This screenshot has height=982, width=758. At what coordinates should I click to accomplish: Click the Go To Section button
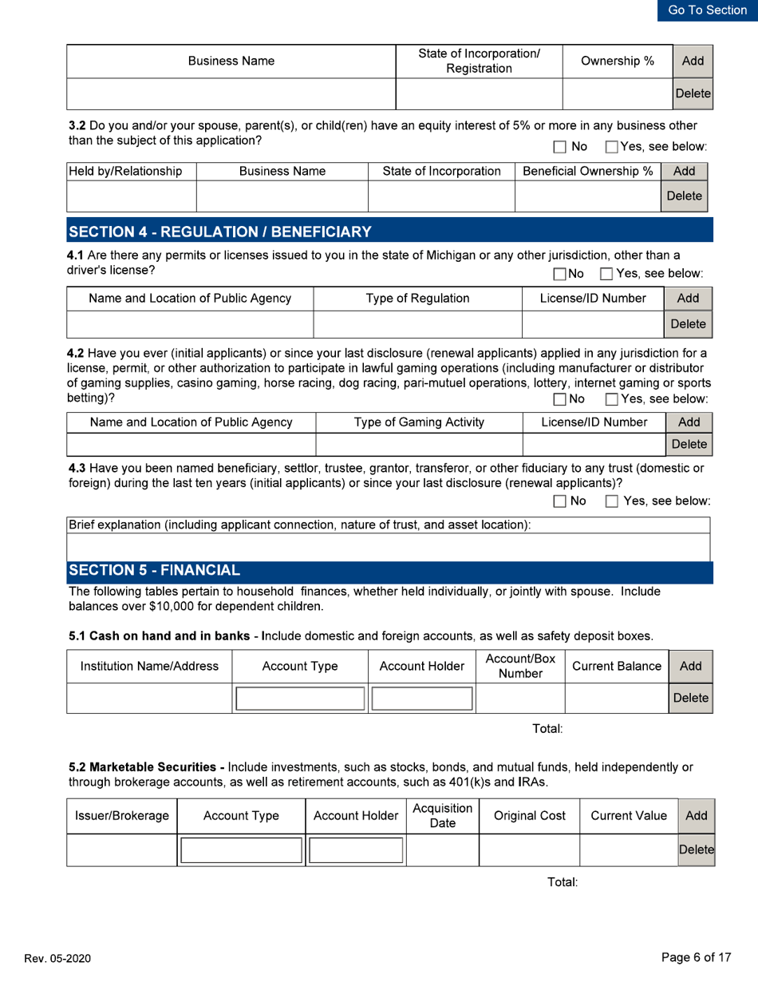click(x=707, y=10)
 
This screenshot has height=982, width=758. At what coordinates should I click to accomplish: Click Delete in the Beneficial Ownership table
click(x=684, y=195)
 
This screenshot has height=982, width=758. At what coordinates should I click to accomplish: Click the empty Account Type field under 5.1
click(x=298, y=699)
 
